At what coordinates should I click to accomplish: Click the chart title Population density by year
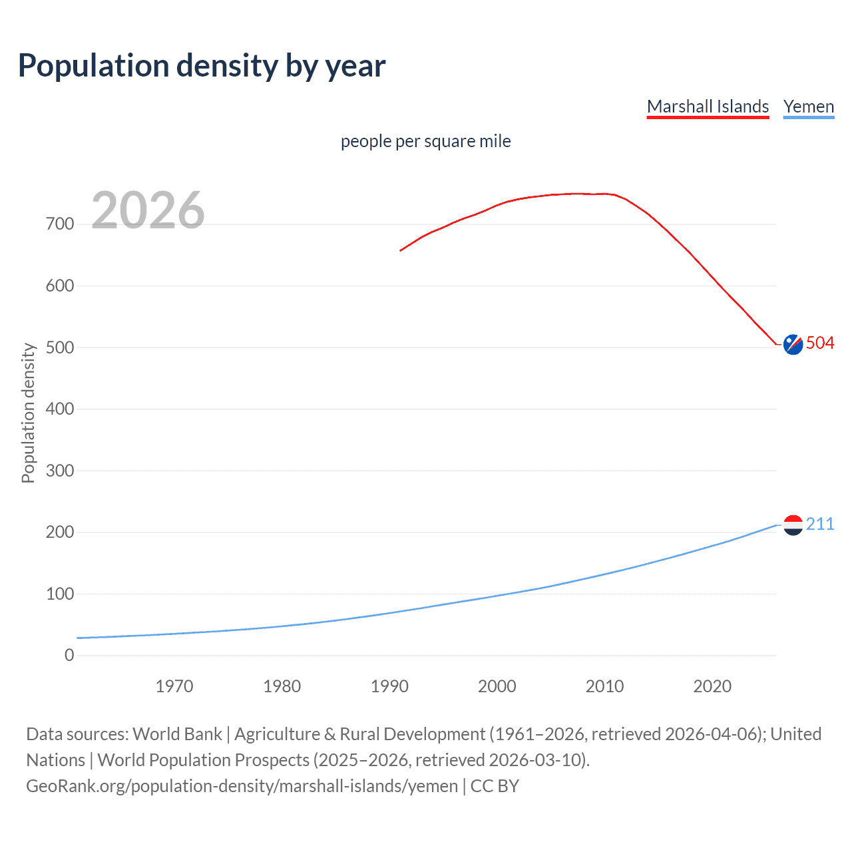coord(202,66)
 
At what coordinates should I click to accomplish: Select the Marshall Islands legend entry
coord(708,106)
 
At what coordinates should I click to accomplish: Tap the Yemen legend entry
coord(808,106)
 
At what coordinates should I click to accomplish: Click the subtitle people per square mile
coord(425,141)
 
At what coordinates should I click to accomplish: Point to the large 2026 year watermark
coord(148,210)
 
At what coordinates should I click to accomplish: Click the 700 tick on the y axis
coord(60,224)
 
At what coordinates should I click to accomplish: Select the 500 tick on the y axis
coord(60,347)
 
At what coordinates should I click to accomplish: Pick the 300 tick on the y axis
coord(60,471)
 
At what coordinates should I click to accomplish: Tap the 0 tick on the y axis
coord(69,656)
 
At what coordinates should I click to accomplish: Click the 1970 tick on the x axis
coord(174,686)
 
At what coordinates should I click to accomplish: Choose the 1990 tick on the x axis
coord(389,686)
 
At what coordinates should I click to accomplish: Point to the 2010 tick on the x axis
coord(604,686)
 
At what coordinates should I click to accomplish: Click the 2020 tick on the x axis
coord(712,686)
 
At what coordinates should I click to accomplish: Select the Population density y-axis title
coord(28,413)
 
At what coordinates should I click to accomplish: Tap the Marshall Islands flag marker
coord(793,344)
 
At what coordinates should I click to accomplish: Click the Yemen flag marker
coord(793,525)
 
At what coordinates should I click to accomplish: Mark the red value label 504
coord(820,343)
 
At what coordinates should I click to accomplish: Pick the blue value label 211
coord(820,525)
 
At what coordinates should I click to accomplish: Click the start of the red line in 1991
coord(401,250)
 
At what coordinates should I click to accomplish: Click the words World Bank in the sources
coord(177,734)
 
